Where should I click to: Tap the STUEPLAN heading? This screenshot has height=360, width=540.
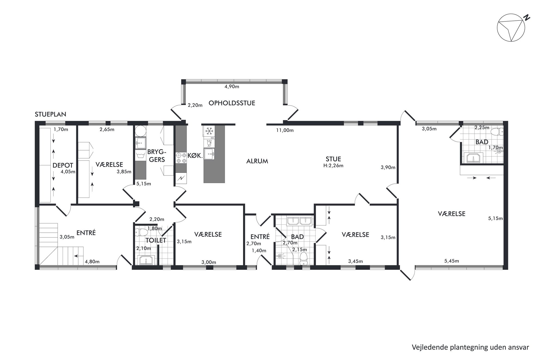pos(50,114)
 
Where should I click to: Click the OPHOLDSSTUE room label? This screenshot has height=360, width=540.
pos(232,103)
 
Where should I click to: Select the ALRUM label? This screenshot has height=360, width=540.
pos(257,161)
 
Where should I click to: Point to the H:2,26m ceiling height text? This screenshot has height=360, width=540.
pos(333,165)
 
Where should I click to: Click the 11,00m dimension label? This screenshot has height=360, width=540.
pos(285,130)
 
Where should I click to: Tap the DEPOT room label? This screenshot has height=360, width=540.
pos(63,165)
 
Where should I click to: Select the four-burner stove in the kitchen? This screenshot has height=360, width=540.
pos(181,158)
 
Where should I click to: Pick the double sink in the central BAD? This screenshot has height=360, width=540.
pos(299,221)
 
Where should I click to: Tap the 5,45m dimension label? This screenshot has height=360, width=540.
pos(452,261)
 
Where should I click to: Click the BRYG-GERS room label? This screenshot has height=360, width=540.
pos(157,156)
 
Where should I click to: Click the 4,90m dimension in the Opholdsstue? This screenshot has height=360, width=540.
pos(232,87)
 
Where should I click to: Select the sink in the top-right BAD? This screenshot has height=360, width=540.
pos(475,158)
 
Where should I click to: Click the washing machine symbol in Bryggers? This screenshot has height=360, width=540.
pos(141,156)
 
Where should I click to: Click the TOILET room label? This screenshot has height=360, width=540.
pos(156,240)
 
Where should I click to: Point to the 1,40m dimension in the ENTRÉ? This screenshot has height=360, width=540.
pos(259,251)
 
